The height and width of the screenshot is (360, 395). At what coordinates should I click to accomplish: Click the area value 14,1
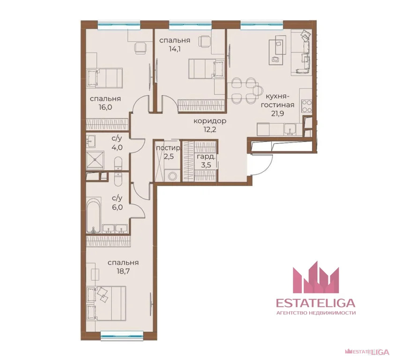click(174, 49)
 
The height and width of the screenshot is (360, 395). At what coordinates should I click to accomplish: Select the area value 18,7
click(123, 271)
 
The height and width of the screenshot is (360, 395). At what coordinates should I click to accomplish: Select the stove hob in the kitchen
click(307, 106)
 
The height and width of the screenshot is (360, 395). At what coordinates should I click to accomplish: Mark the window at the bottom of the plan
click(121, 335)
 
